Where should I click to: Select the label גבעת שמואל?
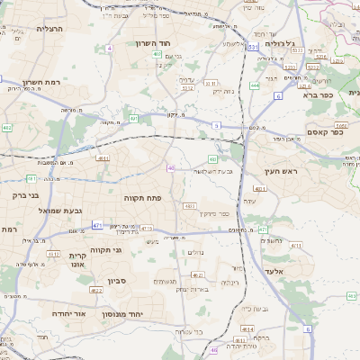point(61,210)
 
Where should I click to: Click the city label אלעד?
point(274,270)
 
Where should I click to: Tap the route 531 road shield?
point(254,45)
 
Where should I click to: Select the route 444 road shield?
point(255,85)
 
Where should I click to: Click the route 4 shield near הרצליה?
point(109,48)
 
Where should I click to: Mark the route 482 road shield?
point(7,129)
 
